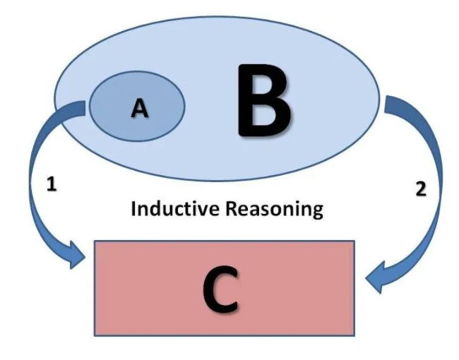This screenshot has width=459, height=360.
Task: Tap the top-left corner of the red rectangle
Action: (x=95, y=241)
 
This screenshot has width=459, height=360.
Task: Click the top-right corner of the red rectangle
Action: (x=354, y=241)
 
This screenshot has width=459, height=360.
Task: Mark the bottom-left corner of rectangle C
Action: (x=95, y=335)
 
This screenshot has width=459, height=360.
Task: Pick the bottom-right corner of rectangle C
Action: (x=354, y=335)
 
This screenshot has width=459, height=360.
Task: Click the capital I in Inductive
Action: (x=135, y=210)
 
